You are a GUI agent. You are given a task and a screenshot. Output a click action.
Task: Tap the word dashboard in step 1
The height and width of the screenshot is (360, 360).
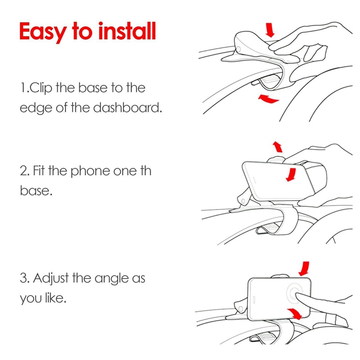pyautogui.click(x=128, y=108)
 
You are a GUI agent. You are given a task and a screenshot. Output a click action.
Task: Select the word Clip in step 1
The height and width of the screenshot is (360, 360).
pyautogui.click(x=41, y=88)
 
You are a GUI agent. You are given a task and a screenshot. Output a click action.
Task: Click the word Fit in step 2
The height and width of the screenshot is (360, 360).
pyautogui.click(x=39, y=171)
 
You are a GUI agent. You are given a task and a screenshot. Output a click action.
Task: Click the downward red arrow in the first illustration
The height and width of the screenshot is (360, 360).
pyautogui.click(x=270, y=30)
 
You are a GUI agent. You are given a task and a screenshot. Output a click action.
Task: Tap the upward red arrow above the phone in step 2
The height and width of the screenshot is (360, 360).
pyautogui.click(x=278, y=147)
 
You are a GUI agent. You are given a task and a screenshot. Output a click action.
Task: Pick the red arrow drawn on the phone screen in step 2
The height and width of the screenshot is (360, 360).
pyautogui.click(x=291, y=175)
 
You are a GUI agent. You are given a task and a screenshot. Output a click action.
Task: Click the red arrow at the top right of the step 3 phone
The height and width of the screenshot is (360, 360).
pyautogui.click(x=304, y=269)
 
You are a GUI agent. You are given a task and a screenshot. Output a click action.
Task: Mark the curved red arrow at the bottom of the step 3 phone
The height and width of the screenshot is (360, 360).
pyautogui.click(x=294, y=314)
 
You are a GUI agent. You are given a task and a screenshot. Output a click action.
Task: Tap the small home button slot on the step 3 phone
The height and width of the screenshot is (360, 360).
pyautogui.click(x=254, y=299)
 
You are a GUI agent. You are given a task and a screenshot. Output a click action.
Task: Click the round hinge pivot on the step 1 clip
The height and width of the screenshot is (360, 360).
pyautogui.click(x=239, y=49)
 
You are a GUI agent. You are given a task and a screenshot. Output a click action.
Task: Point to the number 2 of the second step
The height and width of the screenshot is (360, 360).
pyautogui.click(x=23, y=171)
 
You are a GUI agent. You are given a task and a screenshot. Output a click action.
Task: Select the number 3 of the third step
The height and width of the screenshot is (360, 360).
pyautogui.click(x=23, y=278)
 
